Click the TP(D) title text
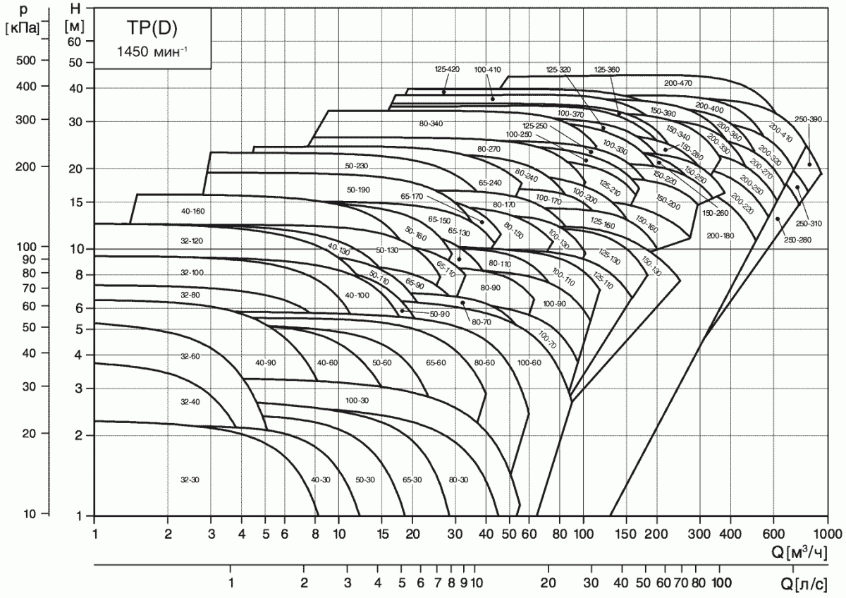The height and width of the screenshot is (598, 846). click(150, 30)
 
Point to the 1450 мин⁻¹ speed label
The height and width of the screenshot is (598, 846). click(152, 51)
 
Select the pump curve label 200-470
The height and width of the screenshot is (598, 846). click(678, 83)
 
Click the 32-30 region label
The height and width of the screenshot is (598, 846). click(190, 480)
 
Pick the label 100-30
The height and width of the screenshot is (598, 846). click(357, 401)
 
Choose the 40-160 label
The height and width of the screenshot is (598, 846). click(192, 211)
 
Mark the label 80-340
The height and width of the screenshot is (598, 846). click(431, 124)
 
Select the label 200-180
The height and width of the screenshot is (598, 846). click(720, 235)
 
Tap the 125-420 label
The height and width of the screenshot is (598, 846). click(447, 69)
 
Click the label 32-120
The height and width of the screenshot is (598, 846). click(191, 241)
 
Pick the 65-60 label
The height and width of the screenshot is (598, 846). click(436, 362)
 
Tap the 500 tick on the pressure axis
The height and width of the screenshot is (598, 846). click(26, 61)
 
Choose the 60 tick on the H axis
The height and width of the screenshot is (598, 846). click(74, 41)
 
